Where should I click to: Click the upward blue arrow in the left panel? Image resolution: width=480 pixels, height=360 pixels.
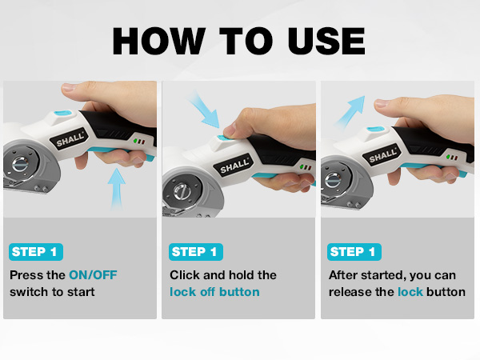[117, 189]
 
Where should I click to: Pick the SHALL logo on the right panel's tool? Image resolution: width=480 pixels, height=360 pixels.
[382, 153]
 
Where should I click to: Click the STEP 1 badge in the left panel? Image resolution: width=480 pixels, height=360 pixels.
[36, 252]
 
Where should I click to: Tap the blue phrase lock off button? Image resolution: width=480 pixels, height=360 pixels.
[214, 292]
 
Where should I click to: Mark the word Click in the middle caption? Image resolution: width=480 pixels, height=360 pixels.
[186, 274]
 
